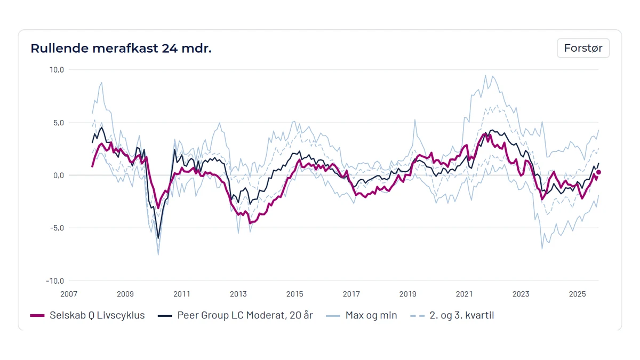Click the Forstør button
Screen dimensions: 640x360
point(583,48)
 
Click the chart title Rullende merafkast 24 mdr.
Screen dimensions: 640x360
point(121,49)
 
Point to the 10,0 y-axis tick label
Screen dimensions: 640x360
point(57,70)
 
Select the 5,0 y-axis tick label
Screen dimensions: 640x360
point(58,123)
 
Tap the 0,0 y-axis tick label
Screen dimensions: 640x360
point(59,175)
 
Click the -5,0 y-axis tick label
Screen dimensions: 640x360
point(57,228)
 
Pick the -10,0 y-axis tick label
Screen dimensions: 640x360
point(55,281)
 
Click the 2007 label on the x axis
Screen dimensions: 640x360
point(69,294)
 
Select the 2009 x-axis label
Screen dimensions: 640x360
point(125,294)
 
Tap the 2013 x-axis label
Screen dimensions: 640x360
point(238,294)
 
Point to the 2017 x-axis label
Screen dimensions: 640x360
point(351,294)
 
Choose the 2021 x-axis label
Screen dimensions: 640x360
point(465,294)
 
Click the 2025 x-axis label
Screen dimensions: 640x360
point(578,294)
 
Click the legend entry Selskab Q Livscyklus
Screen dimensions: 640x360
point(87,315)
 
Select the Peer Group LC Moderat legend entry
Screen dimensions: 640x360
point(235,315)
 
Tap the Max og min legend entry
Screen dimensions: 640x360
point(362,315)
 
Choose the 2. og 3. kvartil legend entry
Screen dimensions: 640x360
point(452,315)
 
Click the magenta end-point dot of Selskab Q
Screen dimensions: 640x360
point(598,172)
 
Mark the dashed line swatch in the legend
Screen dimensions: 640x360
point(417,316)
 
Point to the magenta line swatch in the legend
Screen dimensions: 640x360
point(37,316)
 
